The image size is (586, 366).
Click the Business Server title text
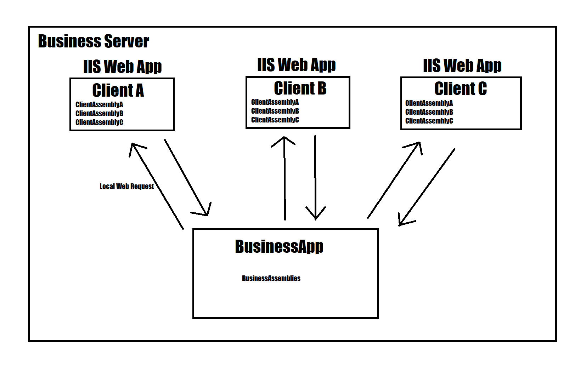(x=93, y=41)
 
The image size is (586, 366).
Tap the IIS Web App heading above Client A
(x=122, y=67)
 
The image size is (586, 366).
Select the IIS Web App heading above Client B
(x=296, y=65)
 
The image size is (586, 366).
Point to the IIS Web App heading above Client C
(x=462, y=66)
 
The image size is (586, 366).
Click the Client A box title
(x=118, y=90)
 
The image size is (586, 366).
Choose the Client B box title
(x=300, y=88)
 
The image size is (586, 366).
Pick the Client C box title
(x=460, y=88)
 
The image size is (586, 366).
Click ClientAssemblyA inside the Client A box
(x=99, y=104)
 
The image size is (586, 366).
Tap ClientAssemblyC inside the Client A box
(x=99, y=122)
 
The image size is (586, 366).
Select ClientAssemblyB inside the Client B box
(x=275, y=111)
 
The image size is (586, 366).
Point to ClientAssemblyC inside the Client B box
(x=275, y=120)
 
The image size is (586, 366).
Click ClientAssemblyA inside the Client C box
(x=429, y=103)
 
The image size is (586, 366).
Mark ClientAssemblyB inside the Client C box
(x=429, y=112)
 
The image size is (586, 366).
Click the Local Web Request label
(x=126, y=186)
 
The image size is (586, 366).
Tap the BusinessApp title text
(x=279, y=246)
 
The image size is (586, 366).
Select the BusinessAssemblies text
(x=271, y=278)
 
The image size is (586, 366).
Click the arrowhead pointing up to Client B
(x=284, y=140)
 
